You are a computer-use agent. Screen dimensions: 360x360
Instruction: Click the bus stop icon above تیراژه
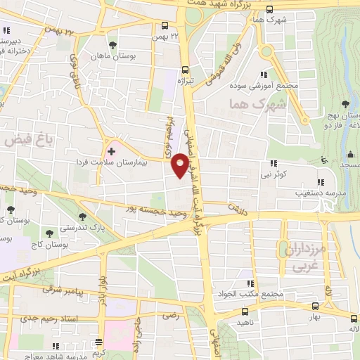[x=185, y=70]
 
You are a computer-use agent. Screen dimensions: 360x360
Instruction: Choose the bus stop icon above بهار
[x=315, y=307]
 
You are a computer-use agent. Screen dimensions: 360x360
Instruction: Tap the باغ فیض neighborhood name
[x=23, y=140]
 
